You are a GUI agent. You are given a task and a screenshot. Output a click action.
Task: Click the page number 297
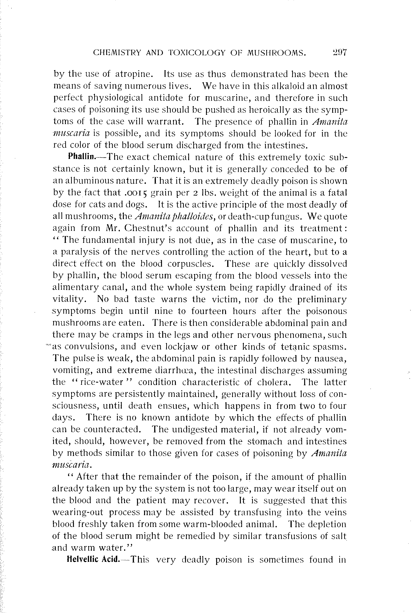tap(339, 53)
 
